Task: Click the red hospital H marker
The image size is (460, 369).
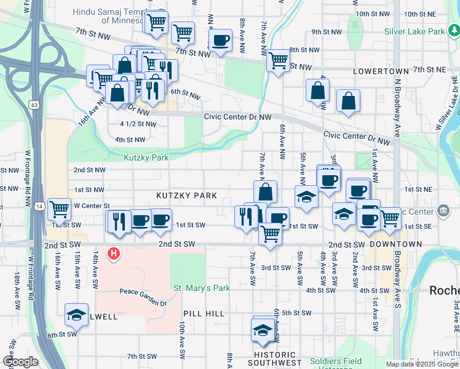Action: pos(113,253)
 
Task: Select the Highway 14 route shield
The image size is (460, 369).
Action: pos(39,207)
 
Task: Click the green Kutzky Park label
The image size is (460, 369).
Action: pos(146,158)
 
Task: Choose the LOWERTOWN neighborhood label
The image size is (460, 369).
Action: pos(381,71)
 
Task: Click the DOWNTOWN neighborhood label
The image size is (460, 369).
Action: pos(396,244)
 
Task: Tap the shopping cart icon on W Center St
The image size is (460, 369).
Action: pos(59,208)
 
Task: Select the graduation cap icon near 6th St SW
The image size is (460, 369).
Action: pos(76,314)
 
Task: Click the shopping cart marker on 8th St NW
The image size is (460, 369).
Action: pos(278,60)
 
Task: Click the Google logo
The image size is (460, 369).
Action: pos(20,362)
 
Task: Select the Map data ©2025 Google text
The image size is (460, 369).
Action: pos(421,364)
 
